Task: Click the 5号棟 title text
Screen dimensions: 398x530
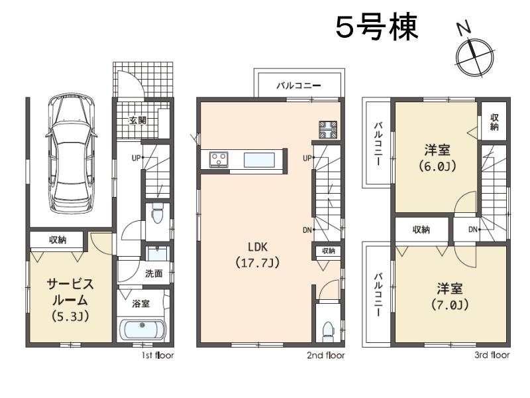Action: tap(376, 29)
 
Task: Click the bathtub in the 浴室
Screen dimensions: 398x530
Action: tap(142, 330)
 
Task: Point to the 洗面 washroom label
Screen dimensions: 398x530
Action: tap(154, 273)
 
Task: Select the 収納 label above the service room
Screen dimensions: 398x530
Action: tap(57, 239)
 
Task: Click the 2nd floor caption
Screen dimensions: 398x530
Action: tap(325, 356)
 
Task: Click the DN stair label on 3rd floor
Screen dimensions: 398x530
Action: tap(473, 230)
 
